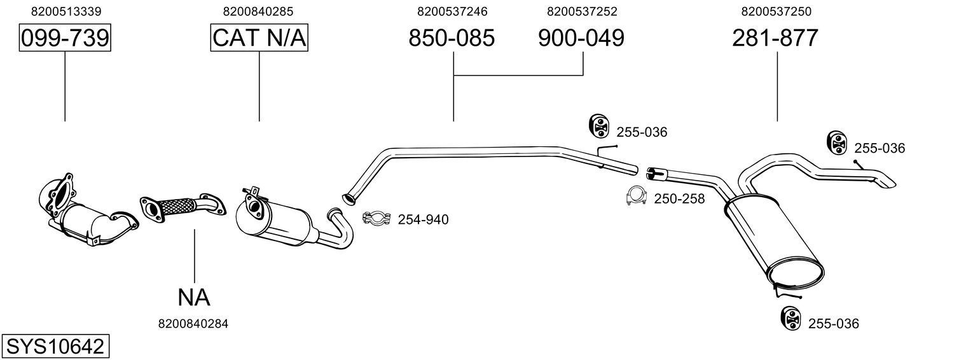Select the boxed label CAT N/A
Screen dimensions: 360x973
pos(259,38)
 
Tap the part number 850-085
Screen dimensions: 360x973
pos(452,38)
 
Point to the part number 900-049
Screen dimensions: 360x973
pos(581,38)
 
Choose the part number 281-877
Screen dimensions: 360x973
pos(775,38)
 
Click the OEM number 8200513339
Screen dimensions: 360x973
pos(66,11)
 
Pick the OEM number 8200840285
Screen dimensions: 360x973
pos(258,11)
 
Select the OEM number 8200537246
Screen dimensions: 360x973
pos(452,11)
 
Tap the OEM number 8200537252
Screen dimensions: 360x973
pos(582,11)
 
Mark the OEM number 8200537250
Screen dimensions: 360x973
pos(776,11)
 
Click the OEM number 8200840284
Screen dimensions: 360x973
pos(193,324)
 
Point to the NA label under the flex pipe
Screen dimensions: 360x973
pos(193,296)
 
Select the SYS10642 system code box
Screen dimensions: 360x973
pos(55,347)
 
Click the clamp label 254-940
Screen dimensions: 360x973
pos(423,220)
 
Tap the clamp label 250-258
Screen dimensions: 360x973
pos(679,199)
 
